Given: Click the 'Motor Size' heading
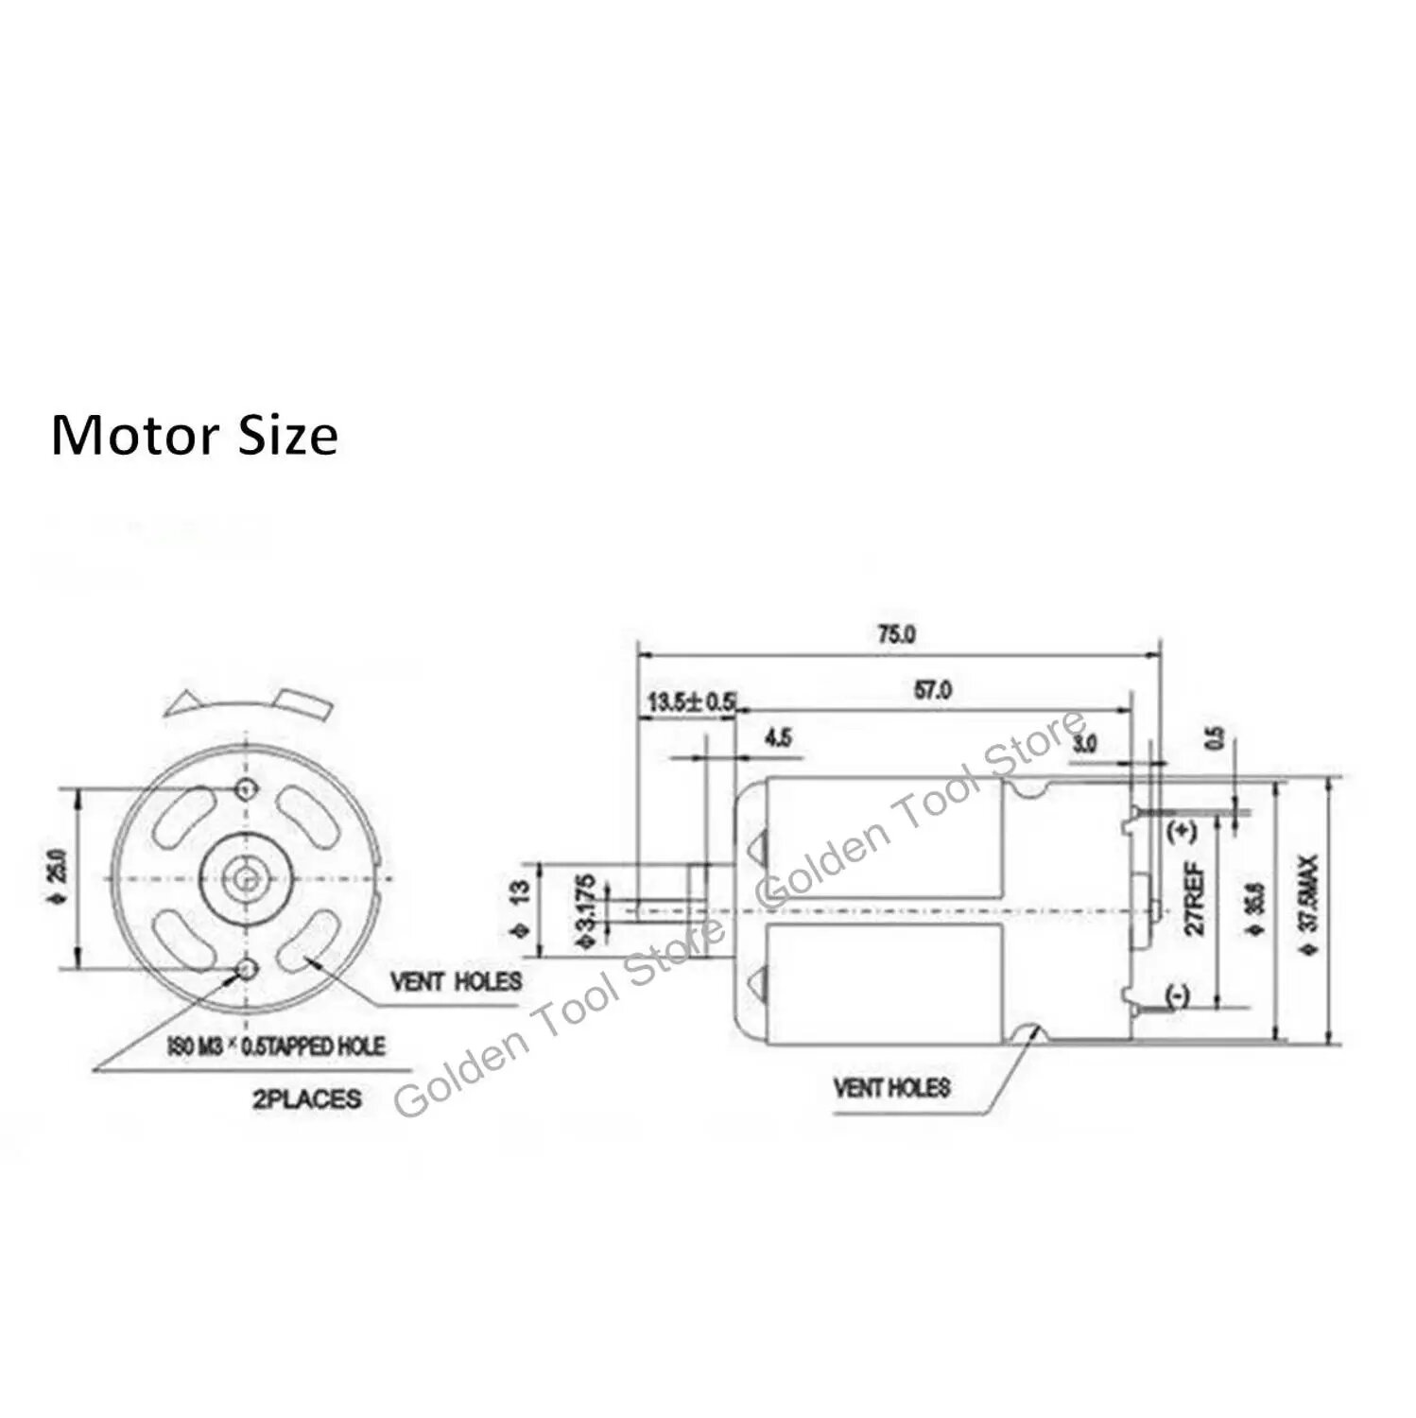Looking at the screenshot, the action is point(194,436).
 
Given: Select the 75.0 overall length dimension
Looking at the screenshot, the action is point(896,634).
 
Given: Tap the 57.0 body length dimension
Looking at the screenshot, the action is point(933,691).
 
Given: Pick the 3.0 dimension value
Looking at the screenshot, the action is point(1085,743).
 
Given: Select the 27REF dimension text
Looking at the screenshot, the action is point(1195,898).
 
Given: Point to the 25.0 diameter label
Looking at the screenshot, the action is point(56,878).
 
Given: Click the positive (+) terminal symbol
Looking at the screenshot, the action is point(1182,833).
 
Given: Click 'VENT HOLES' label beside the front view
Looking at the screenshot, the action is point(457,981).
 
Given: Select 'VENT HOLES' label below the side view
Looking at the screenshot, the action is point(891,1087).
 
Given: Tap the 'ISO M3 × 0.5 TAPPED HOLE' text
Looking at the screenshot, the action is point(276,1046).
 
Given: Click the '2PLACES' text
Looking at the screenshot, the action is point(306,1098).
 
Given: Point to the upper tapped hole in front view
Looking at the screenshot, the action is point(248,788).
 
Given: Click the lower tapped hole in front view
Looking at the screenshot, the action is point(248,968).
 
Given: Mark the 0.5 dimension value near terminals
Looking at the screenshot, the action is point(1217,737).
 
